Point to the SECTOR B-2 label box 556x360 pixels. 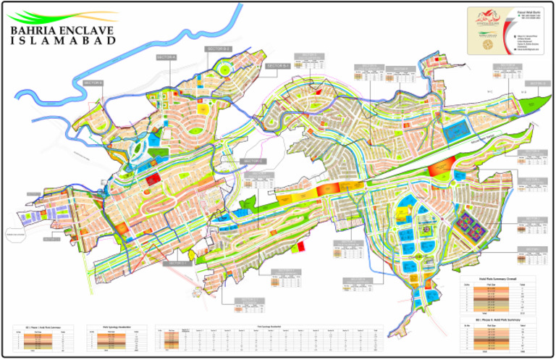pos(218,49)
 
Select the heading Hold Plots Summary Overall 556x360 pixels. pos(497,277)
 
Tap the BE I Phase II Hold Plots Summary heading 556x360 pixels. pos(497,318)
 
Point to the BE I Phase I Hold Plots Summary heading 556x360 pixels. pos(43,327)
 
